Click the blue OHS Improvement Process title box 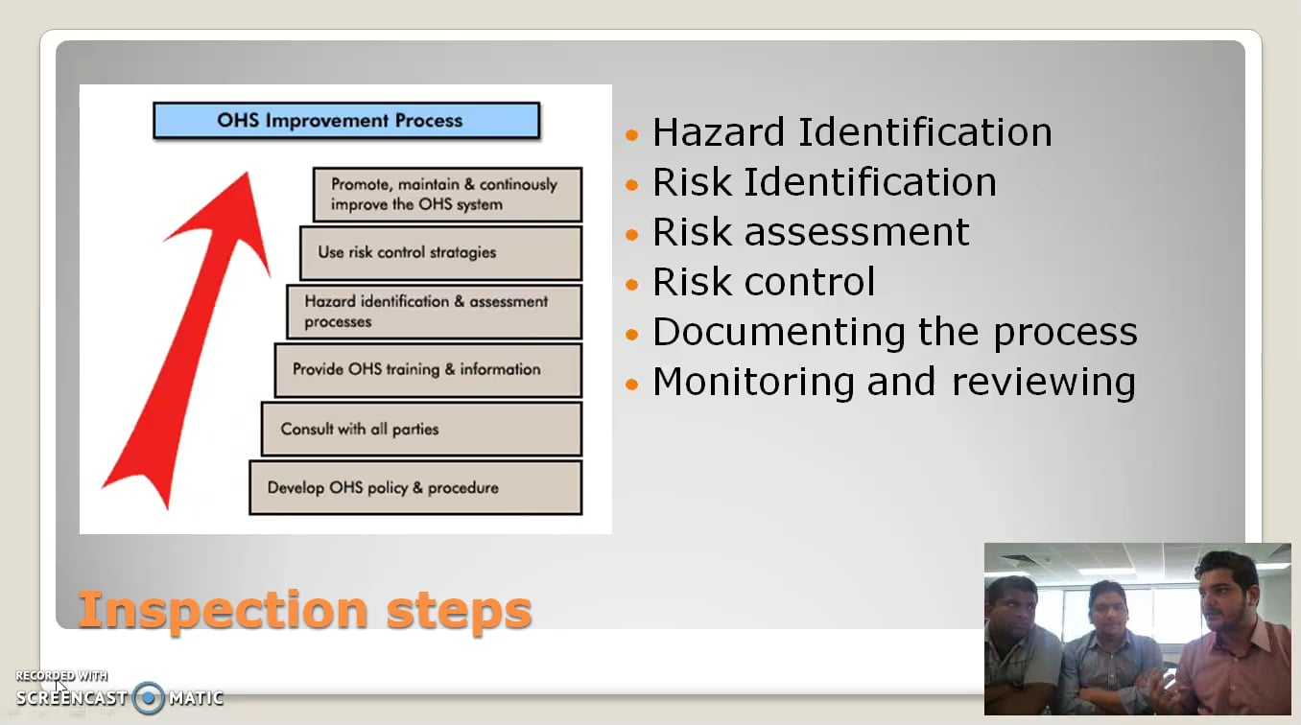click(346, 121)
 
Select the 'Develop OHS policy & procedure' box click(415, 487)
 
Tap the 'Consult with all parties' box click(421, 429)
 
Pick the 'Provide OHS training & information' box click(428, 369)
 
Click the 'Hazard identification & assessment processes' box click(434, 312)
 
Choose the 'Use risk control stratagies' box click(440, 253)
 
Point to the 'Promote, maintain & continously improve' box click(447, 195)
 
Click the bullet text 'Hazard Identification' click(852, 132)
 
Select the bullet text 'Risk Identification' click(824, 182)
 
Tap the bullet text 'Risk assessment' click(811, 232)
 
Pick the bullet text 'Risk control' click(764, 282)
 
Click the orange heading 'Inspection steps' click(304, 609)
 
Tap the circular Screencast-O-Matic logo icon click(149, 698)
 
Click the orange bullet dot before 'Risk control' click(631, 285)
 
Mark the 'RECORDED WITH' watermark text click(61, 676)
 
